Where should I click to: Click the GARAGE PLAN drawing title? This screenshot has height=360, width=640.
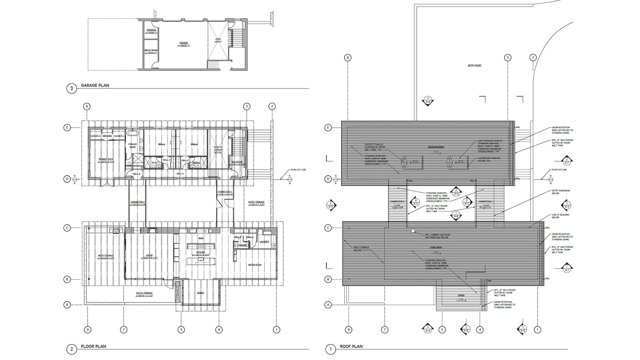(x=95, y=85)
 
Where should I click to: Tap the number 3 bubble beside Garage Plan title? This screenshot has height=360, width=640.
(x=71, y=88)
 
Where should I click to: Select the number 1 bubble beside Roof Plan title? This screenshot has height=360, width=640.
(x=330, y=350)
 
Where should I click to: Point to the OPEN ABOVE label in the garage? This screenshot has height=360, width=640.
(x=218, y=40)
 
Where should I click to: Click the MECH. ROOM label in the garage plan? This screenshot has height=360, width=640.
(x=151, y=51)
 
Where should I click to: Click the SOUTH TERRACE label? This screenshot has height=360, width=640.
(x=144, y=294)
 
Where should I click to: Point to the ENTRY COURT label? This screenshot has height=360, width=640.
(x=474, y=65)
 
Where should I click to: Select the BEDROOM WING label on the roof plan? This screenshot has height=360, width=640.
(x=436, y=147)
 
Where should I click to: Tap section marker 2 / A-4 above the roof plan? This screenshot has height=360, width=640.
(x=428, y=100)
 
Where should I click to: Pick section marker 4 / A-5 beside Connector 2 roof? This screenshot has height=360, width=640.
(x=416, y=202)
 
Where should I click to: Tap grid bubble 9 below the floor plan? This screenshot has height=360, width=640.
(x=88, y=330)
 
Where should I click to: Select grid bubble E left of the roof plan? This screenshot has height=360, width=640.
(x=328, y=128)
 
